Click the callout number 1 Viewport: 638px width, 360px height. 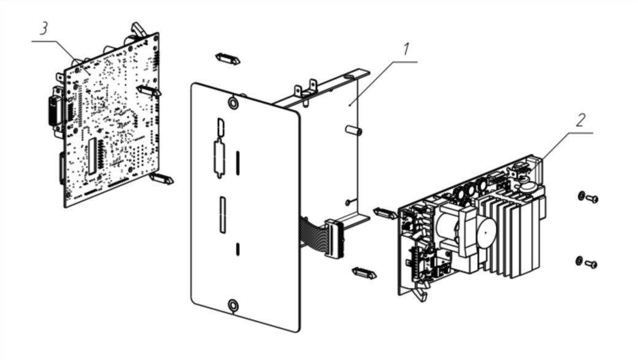[405, 50]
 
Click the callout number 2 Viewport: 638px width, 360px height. [580, 120]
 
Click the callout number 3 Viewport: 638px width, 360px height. [44, 28]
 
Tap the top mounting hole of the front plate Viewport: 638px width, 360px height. [233, 103]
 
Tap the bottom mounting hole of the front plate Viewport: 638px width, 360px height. [233, 305]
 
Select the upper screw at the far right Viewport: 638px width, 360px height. [588, 197]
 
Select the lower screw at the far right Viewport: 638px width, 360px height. [586, 262]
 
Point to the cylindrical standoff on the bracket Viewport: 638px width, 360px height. [353, 131]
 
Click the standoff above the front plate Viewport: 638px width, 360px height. [228, 59]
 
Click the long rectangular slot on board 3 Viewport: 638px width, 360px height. [93, 155]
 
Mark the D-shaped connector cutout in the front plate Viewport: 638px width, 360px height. [221, 128]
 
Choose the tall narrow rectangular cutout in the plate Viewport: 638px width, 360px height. [223, 215]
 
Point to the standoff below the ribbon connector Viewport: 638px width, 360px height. [364, 273]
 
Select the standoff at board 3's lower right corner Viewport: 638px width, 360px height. [161, 178]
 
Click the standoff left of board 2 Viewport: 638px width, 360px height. [385, 213]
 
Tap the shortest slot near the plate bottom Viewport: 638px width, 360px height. [238, 249]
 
